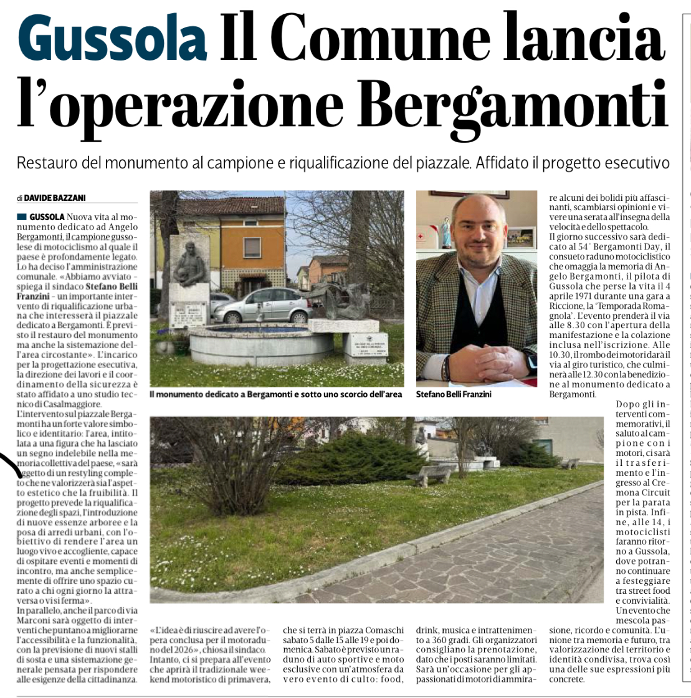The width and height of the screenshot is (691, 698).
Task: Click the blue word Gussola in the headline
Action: pyautogui.click(x=112, y=39)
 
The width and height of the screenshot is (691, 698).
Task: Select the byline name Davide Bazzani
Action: pyautogui.click(x=55, y=198)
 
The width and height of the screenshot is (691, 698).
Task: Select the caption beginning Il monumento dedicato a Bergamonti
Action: pyautogui.click(x=275, y=394)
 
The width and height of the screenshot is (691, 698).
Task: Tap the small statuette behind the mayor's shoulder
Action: pyautogui.click(x=446, y=232)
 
